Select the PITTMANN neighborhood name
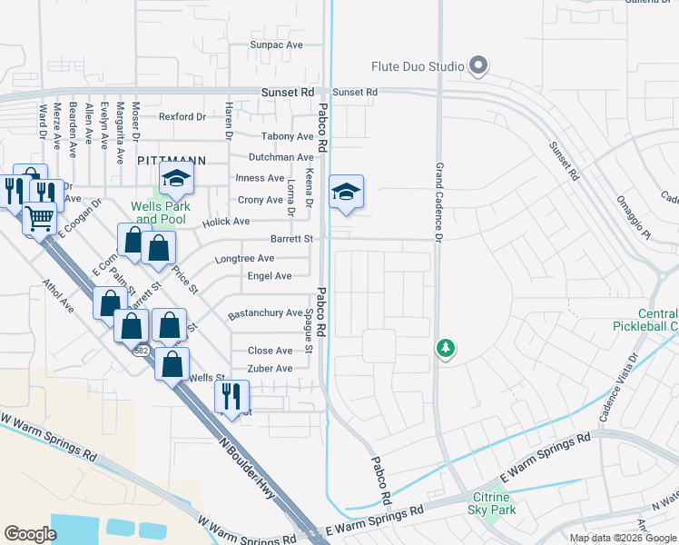click(x=172, y=160)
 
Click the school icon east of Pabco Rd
click(x=346, y=193)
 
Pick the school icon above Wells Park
click(x=176, y=180)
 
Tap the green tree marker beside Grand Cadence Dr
click(x=445, y=348)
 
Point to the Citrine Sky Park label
click(x=494, y=503)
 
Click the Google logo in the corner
click(x=30, y=534)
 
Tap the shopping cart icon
click(x=39, y=218)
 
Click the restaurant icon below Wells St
click(x=231, y=397)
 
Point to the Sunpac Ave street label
click(x=276, y=45)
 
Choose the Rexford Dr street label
click(x=182, y=117)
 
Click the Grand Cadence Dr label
click(x=438, y=203)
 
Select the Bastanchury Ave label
click(x=265, y=313)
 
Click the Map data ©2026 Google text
click(x=621, y=538)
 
